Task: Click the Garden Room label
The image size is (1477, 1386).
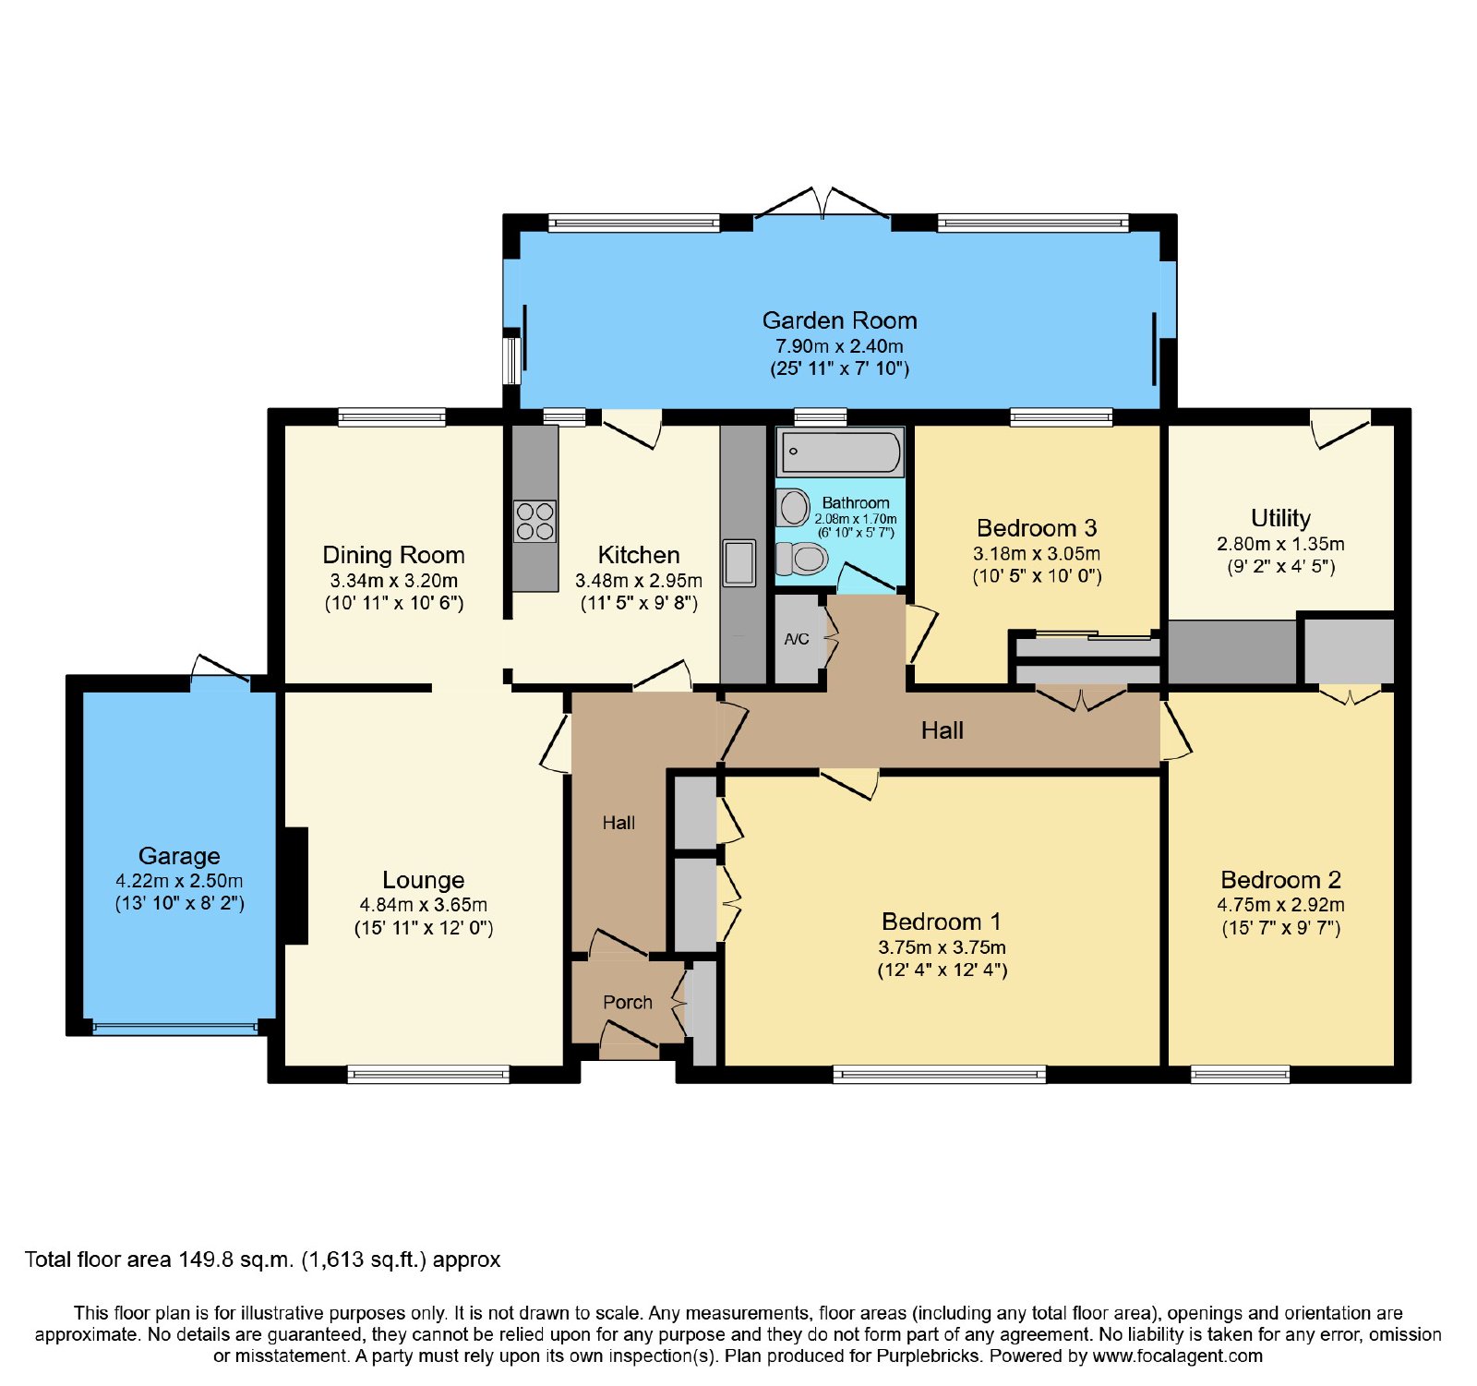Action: click(x=839, y=320)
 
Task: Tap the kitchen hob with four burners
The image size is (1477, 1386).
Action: click(x=534, y=521)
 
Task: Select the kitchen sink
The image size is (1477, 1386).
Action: click(x=738, y=562)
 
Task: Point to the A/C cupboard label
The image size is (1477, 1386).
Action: click(x=797, y=639)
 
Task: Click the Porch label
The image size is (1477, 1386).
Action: click(x=628, y=1002)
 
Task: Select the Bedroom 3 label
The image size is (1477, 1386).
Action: click(x=1037, y=528)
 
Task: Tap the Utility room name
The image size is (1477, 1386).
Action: click(x=1280, y=518)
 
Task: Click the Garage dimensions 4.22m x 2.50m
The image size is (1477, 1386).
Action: click(x=179, y=881)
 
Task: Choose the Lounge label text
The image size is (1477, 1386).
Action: click(x=424, y=880)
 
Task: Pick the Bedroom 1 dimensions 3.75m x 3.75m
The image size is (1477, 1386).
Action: click(x=942, y=947)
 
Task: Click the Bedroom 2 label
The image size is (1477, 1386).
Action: click(x=1280, y=880)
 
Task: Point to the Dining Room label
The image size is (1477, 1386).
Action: click(x=393, y=555)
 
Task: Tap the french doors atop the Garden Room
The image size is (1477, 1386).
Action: click(x=823, y=205)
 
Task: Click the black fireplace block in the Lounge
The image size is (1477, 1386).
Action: click(x=295, y=886)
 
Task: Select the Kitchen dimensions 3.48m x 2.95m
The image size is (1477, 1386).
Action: click(x=639, y=581)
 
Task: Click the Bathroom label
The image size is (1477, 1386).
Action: click(x=856, y=503)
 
